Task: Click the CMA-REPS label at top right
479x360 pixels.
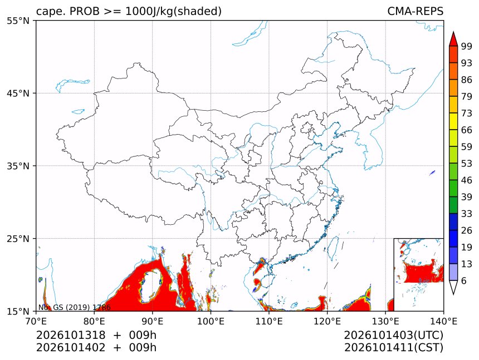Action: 415,11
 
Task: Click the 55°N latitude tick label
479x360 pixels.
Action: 18,21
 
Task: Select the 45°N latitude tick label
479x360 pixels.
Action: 18,93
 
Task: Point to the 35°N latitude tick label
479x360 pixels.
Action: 18,166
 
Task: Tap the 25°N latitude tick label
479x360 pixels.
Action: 18,239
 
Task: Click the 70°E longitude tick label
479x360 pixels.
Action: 36,321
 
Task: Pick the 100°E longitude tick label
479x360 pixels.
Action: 211,321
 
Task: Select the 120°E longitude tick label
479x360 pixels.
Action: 327,321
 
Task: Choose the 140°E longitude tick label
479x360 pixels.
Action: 443,321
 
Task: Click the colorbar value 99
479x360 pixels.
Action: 467,46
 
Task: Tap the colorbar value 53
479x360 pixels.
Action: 467,164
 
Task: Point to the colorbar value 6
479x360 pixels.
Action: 464,280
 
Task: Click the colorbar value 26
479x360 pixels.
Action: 467,230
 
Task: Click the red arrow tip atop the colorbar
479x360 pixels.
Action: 453,32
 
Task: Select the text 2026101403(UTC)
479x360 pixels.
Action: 393,335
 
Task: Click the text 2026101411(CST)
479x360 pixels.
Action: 393,348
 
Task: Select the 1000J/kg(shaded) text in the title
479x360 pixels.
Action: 174,11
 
